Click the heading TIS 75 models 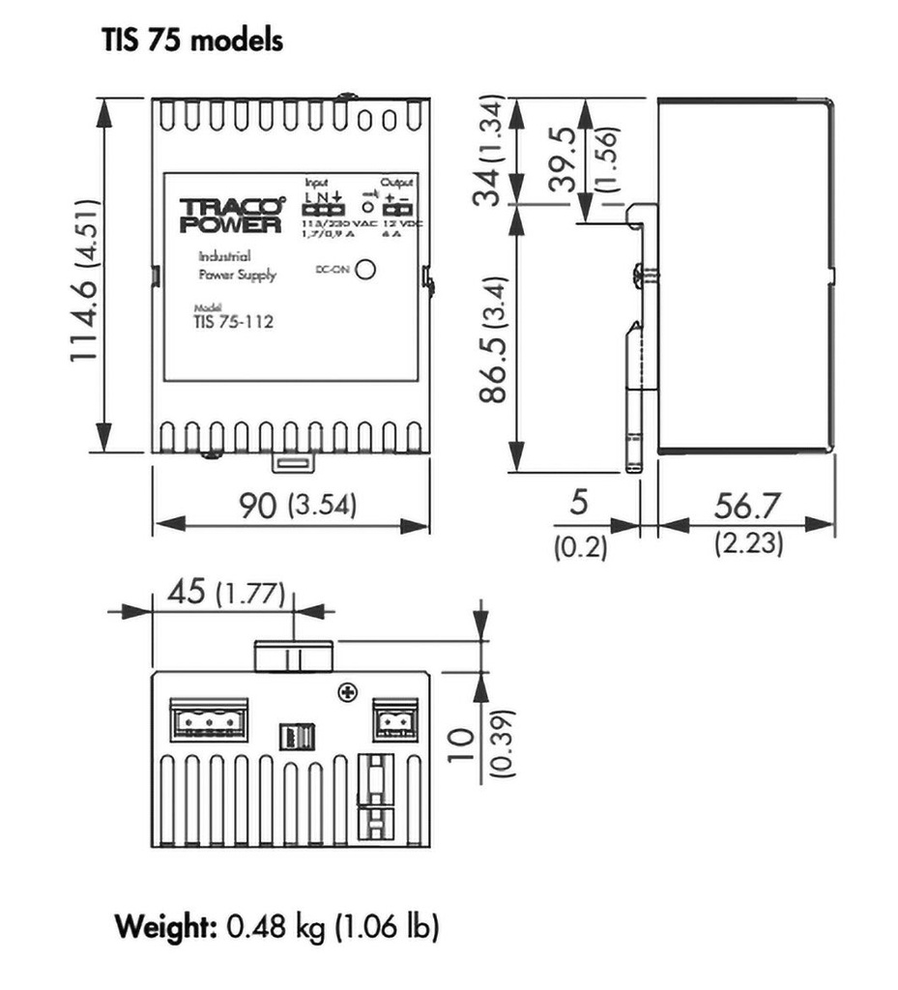(x=192, y=42)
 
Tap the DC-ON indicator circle (x=365, y=271)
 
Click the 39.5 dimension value (x=565, y=159)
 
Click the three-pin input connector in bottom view (x=207, y=719)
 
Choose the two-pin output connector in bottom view (x=394, y=719)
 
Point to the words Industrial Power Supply (x=236, y=266)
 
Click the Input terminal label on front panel (x=317, y=183)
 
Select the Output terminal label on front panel (x=396, y=183)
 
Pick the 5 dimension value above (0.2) (x=579, y=504)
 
